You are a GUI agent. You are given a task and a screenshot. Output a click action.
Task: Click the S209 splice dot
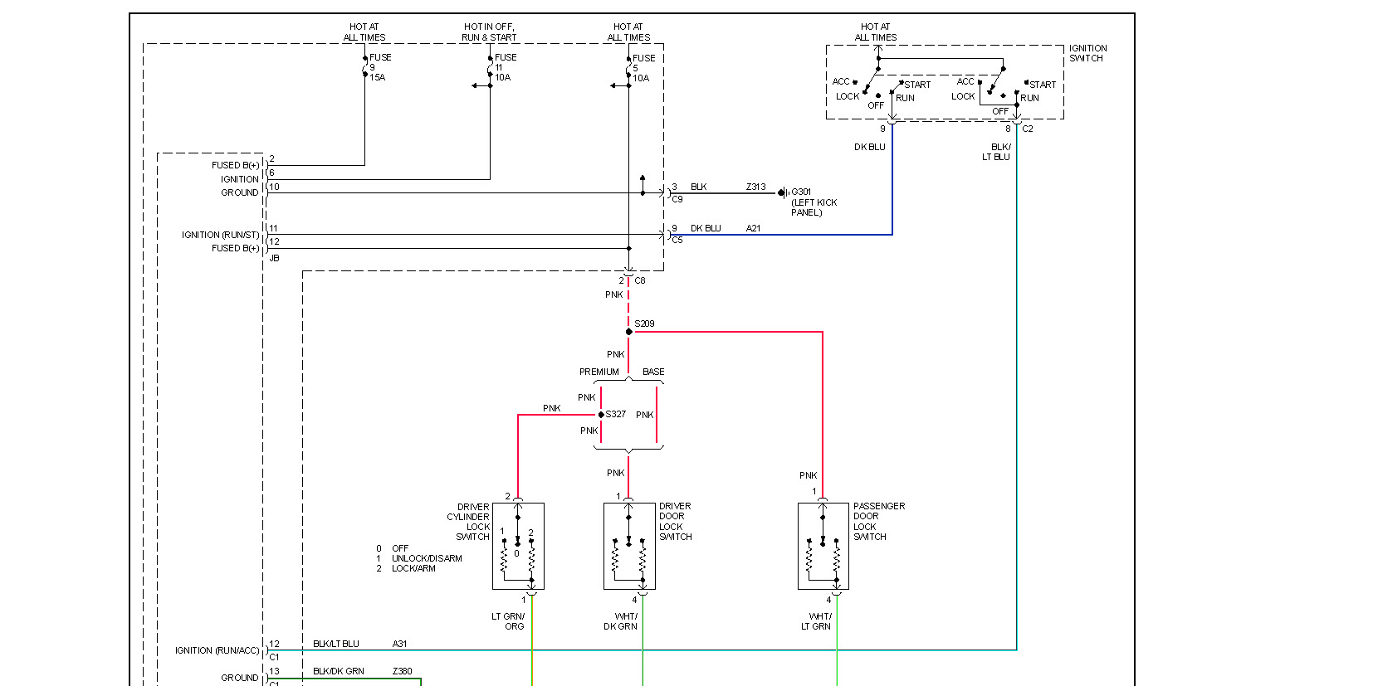(x=628, y=332)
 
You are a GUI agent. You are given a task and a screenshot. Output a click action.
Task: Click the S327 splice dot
(x=601, y=415)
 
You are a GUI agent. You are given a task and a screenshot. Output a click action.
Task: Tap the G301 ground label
(x=801, y=192)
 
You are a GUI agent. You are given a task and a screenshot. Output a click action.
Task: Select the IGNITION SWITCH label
(x=1087, y=53)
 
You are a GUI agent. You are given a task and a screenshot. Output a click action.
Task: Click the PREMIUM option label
(x=599, y=372)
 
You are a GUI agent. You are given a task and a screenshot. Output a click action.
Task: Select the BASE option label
(x=653, y=372)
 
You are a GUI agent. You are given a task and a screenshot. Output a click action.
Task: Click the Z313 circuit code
(x=755, y=187)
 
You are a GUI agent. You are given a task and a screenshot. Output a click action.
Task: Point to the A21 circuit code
(x=753, y=228)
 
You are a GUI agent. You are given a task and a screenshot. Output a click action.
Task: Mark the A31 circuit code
(x=399, y=644)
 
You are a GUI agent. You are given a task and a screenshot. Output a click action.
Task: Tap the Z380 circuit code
(x=402, y=671)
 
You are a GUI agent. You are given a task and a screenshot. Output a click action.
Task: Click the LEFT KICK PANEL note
(x=814, y=207)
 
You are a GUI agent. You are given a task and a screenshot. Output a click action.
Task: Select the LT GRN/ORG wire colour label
(x=508, y=621)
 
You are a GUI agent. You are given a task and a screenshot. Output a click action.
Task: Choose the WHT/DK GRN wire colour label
(x=621, y=621)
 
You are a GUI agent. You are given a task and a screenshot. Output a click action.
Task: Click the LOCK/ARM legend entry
(x=413, y=568)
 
